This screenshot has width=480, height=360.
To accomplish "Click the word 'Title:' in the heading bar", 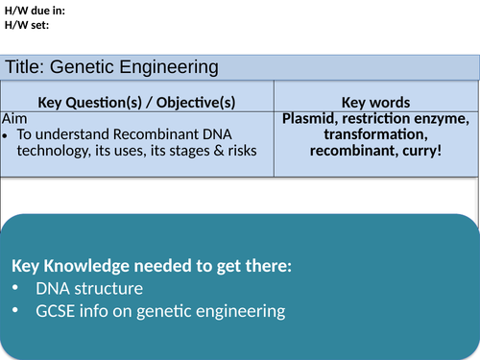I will [x=25, y=67].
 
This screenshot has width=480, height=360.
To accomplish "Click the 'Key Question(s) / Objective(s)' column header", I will [x=136, y=103].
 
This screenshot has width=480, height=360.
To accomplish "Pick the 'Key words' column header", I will [x=376, y=103].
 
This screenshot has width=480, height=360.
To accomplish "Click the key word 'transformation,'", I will [x=376, y=135].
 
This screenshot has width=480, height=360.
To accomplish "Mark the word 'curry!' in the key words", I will [x=419, y=152].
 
